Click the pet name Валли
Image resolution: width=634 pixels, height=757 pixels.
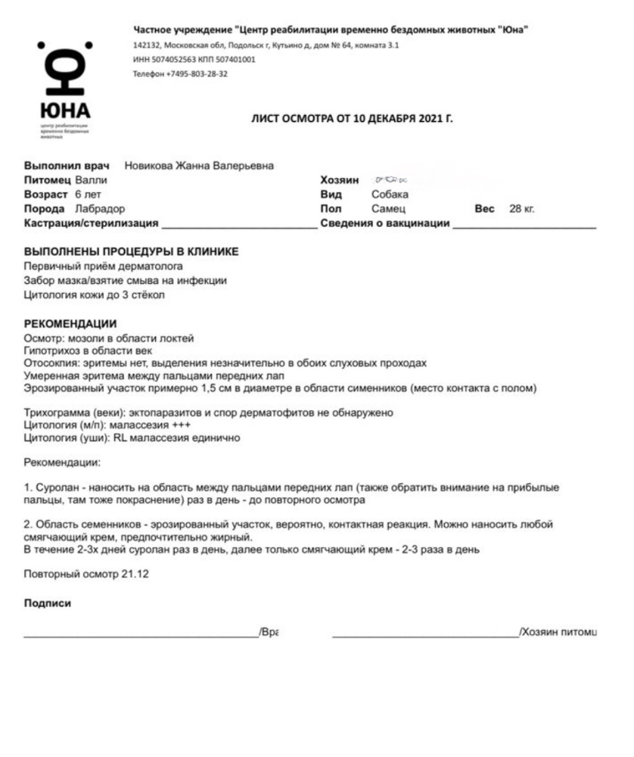[92, 180]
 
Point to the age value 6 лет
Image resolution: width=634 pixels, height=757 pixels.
[77, 195]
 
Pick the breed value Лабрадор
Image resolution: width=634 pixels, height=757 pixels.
[100, 208]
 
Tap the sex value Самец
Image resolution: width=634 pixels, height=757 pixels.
[389, 208]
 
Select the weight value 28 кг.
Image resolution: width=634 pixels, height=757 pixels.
[522, 208]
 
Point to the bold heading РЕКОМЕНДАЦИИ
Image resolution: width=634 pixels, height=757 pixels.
[70, 324]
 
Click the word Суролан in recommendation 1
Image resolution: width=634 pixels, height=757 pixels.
[57, 488]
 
